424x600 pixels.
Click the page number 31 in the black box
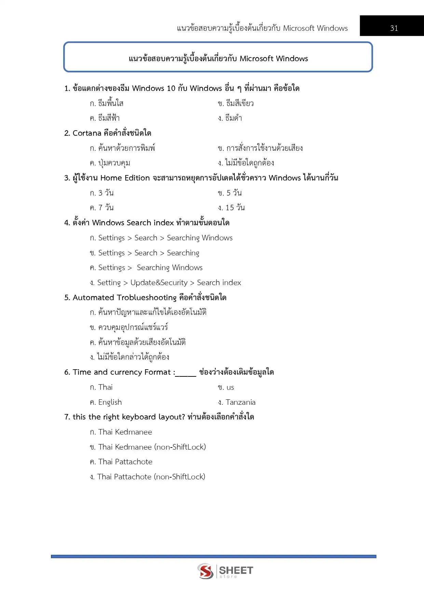pos(394,28)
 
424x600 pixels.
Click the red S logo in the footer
pos(205,571)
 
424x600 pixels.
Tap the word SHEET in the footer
pos(236,570)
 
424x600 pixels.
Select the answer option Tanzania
pos(240,402)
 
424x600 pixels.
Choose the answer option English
pos(110,402)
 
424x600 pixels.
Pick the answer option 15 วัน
pos(235,208)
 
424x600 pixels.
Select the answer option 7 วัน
pos(106,208)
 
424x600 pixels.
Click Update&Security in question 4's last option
pos(159,283)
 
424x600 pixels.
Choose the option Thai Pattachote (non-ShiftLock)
pos(151,477)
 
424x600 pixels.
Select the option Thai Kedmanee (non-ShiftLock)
pos(152,447)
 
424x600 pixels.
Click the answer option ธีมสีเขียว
pos(240,103)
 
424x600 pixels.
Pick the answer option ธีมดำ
pos(234,118)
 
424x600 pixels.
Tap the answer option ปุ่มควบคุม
pos(114,163)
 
